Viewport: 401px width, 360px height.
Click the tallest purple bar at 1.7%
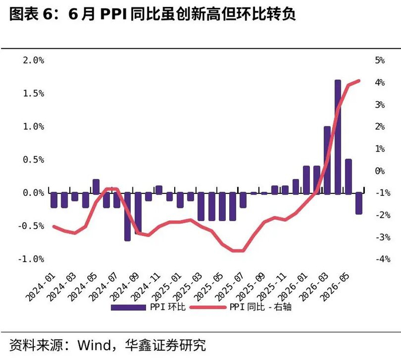pyautogui.click(x=338, y=137)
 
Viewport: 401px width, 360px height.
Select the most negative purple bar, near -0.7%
pyautogui.click(x=127, y=216)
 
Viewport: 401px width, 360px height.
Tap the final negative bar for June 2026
pyautogui.click(x=359, y=203)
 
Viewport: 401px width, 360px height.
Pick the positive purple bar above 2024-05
pyautogui.click(x=96, y=187)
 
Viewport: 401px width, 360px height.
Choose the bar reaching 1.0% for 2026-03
pyautogui.click(x=327, y=160)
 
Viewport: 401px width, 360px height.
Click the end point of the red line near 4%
pyautogui.click(x=359, y=81)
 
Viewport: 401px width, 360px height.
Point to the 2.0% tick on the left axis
pyautogui.click(x=33, y=60)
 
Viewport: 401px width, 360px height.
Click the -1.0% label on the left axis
pyautogui.click(x=31, y=259)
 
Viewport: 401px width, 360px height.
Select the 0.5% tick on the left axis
pyautogui.click(x=33, y=160)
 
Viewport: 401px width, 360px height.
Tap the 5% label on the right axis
pyautogui.click(x=380, y=60)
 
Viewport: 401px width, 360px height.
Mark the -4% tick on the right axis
pyautogui.click(x=383, y=259)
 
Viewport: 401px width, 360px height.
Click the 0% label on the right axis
pyautogui.click(x=380, y=171)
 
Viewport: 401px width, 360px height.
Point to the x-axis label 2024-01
pyautogui.click(x=41, y=287)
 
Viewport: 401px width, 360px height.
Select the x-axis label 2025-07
pyautogui.click(x=229, y=287)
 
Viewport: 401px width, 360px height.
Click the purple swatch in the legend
pyautogui.click(x=128, y=307)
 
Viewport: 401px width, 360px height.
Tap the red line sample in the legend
pyautogui.click(x=208, y=307)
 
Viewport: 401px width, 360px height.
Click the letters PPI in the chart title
pyautogui.click(x=113, y=14)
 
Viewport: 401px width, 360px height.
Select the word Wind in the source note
pyautogui.click(x=95, y=345)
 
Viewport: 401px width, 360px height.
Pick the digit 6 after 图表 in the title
pyautogui.click(x=47, y=14)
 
